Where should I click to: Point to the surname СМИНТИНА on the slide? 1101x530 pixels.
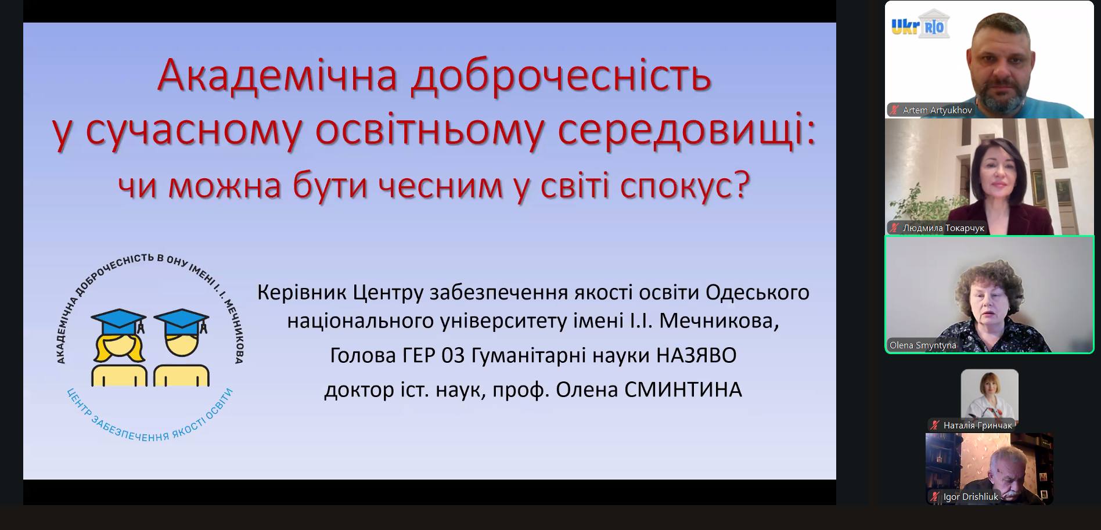(683, 390)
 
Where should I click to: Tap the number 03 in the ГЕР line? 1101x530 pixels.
(453, 355)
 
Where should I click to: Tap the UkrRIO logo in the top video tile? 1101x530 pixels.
(920, 26)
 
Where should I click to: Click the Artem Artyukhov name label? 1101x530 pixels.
(937, 110)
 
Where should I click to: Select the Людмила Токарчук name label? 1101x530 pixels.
(944, 228)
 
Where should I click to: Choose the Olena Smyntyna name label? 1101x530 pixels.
(923, 345)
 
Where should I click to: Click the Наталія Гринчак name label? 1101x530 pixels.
(978, 426)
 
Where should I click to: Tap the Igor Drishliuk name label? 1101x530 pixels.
(971, 497)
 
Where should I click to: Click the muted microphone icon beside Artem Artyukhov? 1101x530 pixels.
(895, 110)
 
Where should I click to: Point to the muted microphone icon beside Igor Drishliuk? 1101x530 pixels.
(935, 497)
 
